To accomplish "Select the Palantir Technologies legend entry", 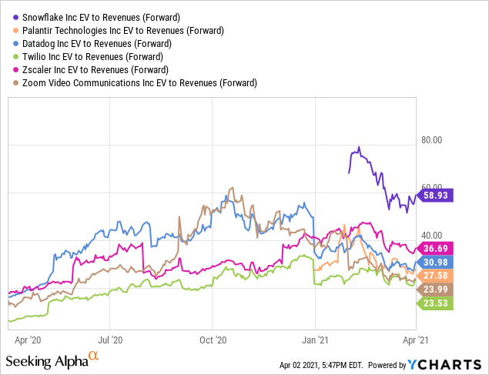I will pos(123,31).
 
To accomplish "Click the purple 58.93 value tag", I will pos(435,195).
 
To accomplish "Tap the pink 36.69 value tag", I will pos(435,248).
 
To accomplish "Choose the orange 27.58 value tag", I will pos(435,275).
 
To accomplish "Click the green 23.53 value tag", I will pos(435,303).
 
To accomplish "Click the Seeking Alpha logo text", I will pos(46,360).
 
